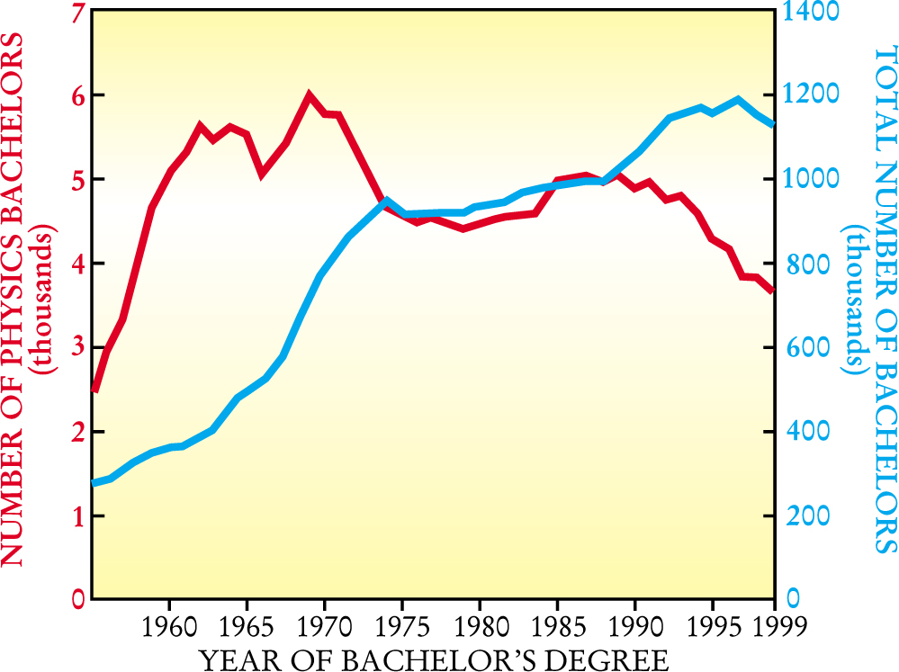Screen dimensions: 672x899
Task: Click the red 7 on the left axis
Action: (x=75, y=13)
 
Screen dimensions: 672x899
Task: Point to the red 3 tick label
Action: (x=75, y=347)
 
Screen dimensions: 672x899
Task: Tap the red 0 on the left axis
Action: (x=75, y=599)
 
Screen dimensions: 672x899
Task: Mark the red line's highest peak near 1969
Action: (x=309, y=94)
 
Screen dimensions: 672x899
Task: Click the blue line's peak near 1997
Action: (x=738, y=100)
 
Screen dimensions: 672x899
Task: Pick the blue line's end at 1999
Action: (x=772, y=124)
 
